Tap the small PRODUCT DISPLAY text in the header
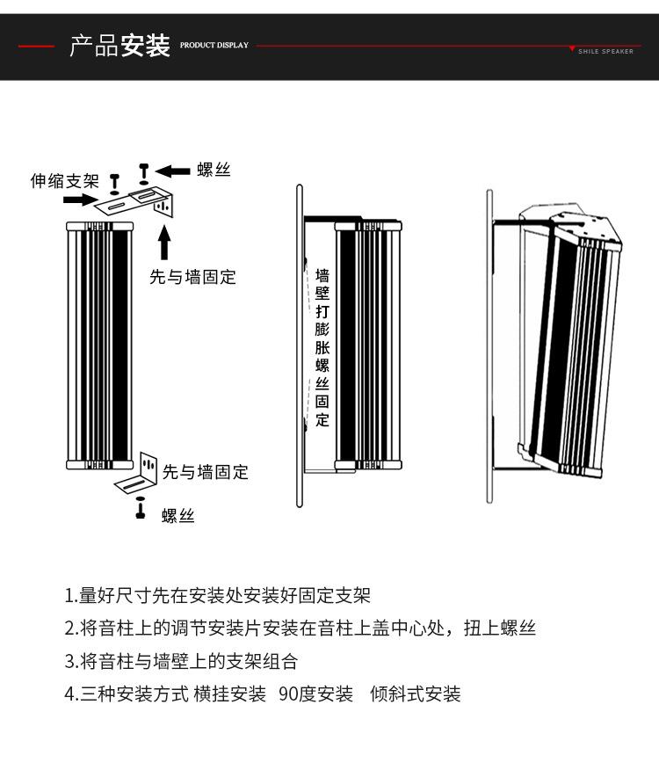[214, 45]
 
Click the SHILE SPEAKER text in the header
[605, 51]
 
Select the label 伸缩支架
[65, 181]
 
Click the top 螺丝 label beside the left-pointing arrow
[214, 170]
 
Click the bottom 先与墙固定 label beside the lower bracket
[206, 472]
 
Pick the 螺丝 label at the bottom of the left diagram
[178, 515]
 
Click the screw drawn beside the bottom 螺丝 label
[140, 509]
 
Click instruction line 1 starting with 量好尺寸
[218, 595]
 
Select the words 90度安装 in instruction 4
[315, 694]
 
